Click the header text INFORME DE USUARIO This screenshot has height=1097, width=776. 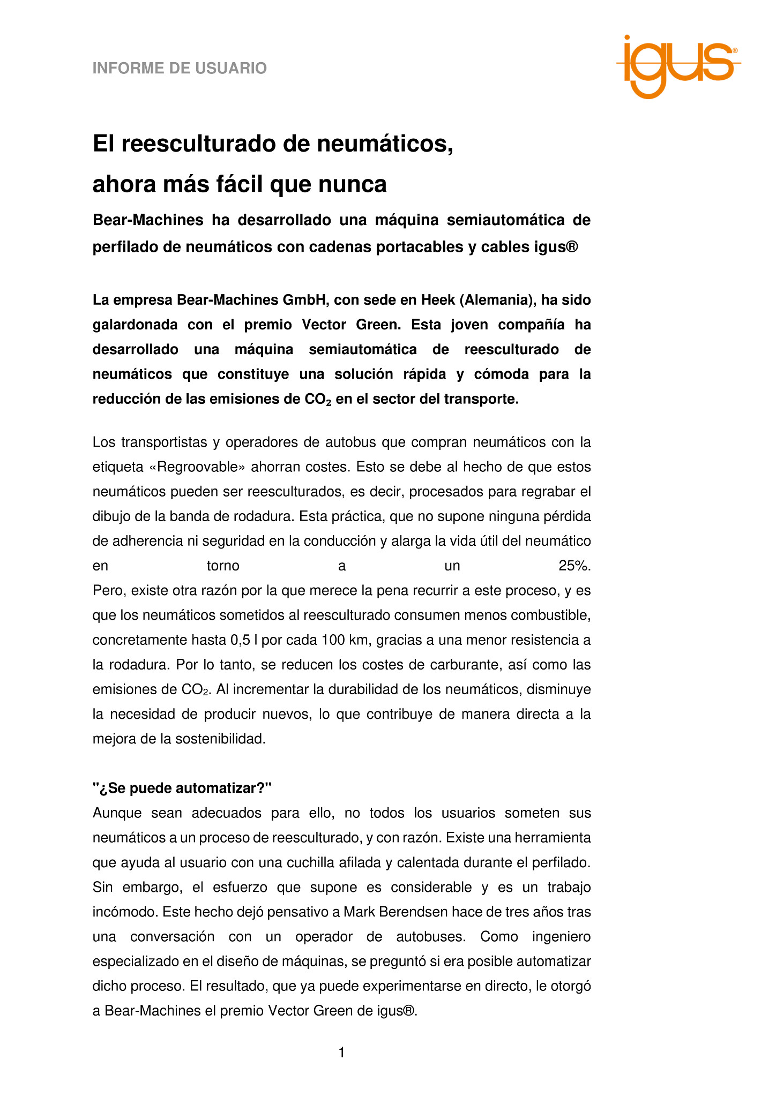click(x=180, y=69)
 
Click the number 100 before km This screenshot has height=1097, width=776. click(x=332, y=640)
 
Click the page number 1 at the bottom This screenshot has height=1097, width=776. click(x=341, y=1053)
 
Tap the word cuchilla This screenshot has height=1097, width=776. click(x=311, y=862)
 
